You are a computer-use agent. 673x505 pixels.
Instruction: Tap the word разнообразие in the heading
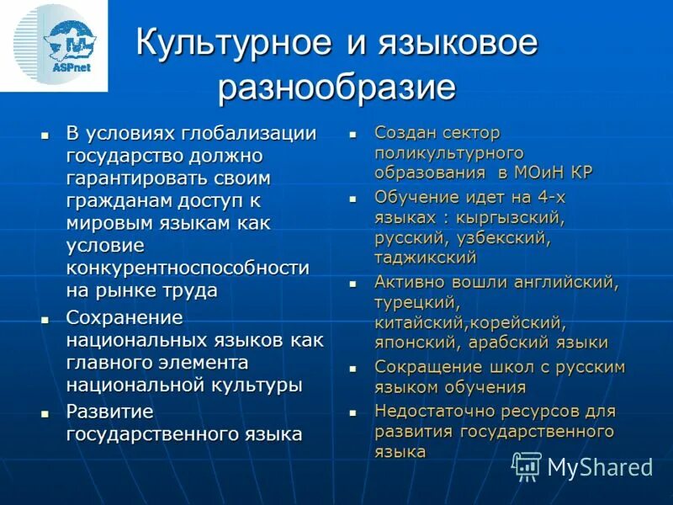pyautogui.click(x=336, y=88)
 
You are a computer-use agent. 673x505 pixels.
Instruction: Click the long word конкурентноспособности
pyautogui.click(x=187, y=268)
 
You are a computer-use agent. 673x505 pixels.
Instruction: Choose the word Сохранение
pyautogui.click(x=124, y=317)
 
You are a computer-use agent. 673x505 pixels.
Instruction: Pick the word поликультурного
pyautogui.click(x=449, y=152)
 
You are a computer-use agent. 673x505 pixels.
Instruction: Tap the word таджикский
pyautogui.click(x=426, y=258)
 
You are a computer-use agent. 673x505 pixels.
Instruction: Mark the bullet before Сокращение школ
pyautogui.click(x=354, y=369)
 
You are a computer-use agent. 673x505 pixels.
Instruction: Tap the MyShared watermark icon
pyautogui.click(x=527, y=465)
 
